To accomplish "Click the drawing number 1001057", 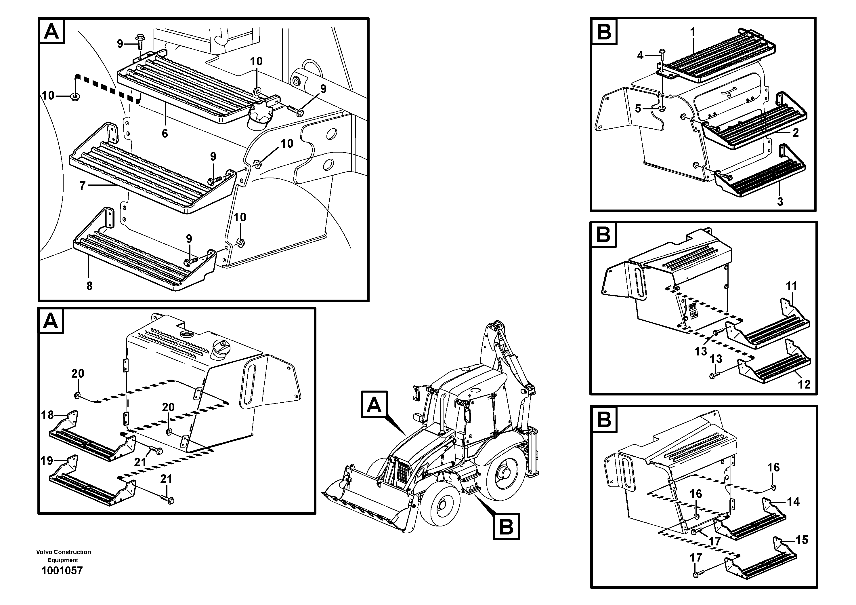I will (62, 570).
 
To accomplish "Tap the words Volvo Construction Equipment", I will (63, 556).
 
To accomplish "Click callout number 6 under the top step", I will (165, 133).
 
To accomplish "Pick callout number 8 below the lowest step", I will (89, 286).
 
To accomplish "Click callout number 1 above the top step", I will (693, 32).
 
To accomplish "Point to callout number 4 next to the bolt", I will (640, 56).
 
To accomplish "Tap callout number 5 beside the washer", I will (638, 109).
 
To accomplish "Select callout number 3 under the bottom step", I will (780, 202).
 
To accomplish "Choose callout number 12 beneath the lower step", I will (804, 384).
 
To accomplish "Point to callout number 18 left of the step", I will (47, 415).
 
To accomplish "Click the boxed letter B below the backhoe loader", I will (506, 527).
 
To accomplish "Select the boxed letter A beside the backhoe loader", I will (374, 404).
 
